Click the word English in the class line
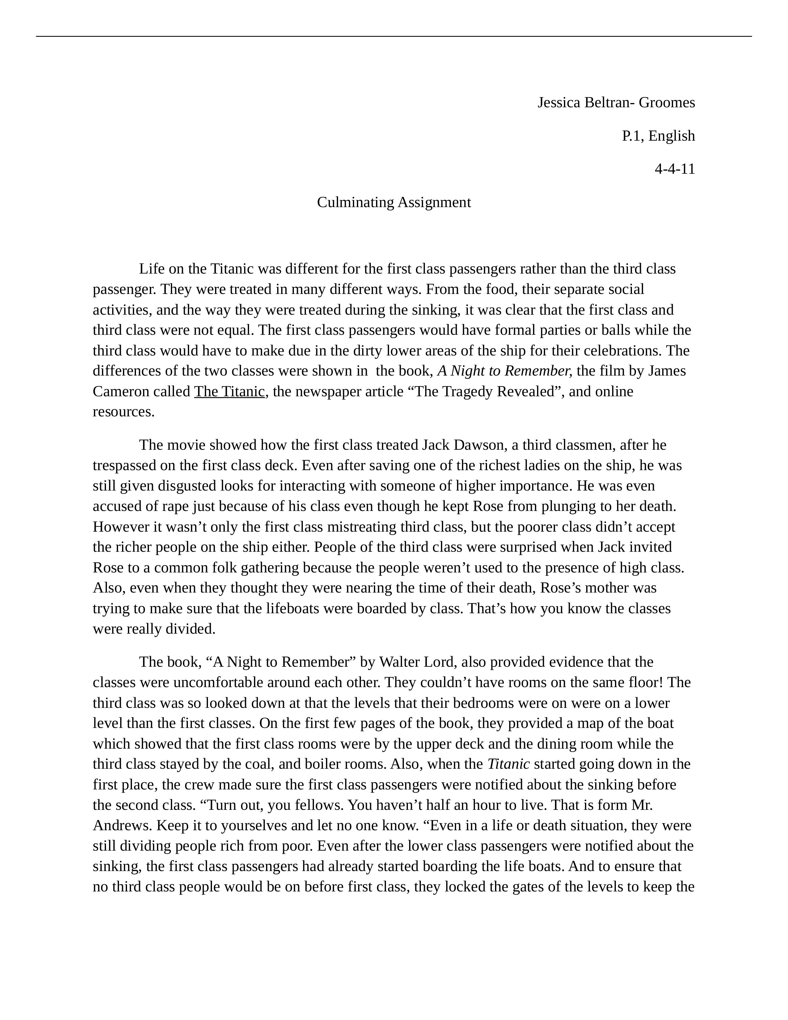tap(671, 136)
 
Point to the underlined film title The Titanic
tap(229, 391)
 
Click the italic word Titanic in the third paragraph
tap(508, 764)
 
